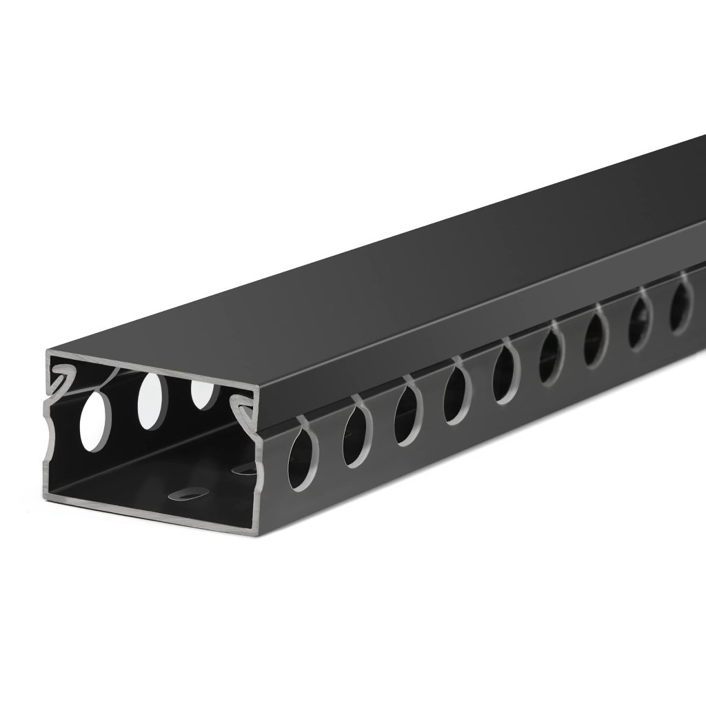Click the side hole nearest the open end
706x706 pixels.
(303, 458)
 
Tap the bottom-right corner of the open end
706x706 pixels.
(258, 534)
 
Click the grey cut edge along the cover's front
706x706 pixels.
(152, 369)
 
